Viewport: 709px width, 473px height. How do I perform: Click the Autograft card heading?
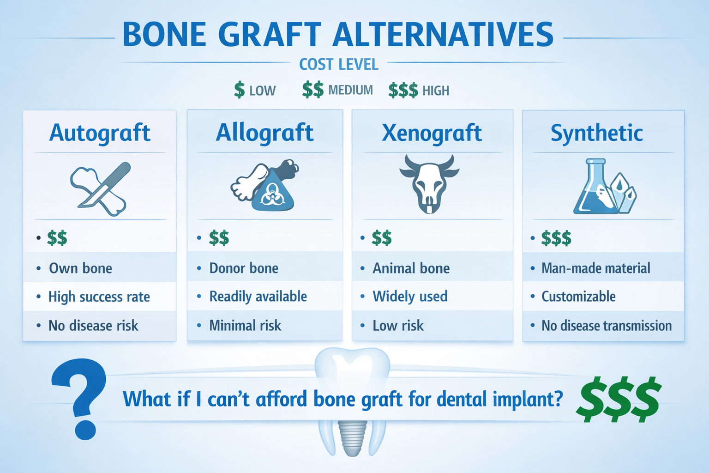pyautogui.click(x=100, y=133)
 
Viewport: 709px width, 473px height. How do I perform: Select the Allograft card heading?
pyautogui.click(x=264, y=133)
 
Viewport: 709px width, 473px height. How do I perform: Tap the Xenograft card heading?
pyautogui.click(x=432, y=133)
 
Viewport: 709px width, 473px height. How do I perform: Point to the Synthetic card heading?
pyautogui.click(x=596, y=133)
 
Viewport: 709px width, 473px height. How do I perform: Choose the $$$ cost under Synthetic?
pyautogui.click(x=556, y=238)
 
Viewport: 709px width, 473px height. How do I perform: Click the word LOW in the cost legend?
pyautogui.click(x=262, y=91)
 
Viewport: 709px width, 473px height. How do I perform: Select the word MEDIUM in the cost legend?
pyautogui.click(x=350, y=90)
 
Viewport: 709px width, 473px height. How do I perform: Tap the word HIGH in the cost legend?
pyautogui.click(x=435, y=91)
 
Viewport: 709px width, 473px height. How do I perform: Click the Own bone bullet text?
pyautogui.click(x=80, y=268)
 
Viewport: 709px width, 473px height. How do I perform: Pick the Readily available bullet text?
pyautogui.click(x=258, y=296)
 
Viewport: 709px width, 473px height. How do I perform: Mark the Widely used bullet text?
pyautogui.click(x=410, y=296)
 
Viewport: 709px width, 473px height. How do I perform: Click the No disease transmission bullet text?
pyautogui.click(x=606, y=326)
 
